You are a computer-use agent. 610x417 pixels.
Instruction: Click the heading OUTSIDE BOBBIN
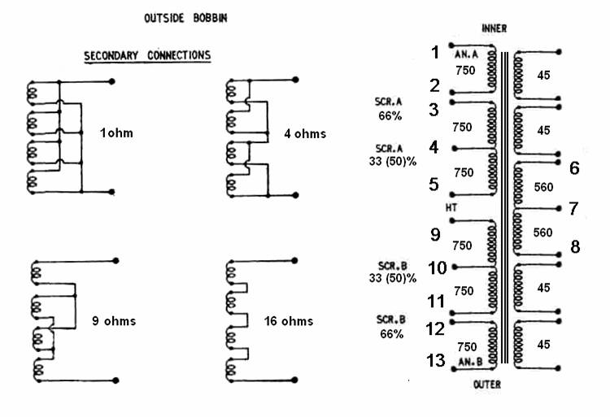pos(185,18)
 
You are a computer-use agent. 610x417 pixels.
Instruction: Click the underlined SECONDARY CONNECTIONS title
pos(147,55)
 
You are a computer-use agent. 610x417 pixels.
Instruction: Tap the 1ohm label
pos(116,133)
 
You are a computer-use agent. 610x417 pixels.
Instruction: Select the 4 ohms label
pos(305,133)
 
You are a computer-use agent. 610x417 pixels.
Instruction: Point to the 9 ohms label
pos(114,321)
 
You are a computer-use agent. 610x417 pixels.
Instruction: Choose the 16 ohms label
pos(289,321)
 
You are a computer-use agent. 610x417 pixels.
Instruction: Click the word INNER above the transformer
pos(494,28)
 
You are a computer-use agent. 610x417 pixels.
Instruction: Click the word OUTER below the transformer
pos(487,384)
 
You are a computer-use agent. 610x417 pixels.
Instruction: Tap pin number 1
pos(435,53)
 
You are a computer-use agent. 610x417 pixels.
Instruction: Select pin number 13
pos(436,360)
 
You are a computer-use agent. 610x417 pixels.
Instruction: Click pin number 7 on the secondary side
pos(574,209)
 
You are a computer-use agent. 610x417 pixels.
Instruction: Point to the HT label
pos(451,208)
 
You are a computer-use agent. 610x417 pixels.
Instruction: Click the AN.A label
pos(466,54)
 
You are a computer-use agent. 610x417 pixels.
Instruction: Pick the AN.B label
pos(470,363)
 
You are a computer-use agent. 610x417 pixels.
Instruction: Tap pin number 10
pos(438,267)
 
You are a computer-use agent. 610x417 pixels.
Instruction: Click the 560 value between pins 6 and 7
pos(543,187)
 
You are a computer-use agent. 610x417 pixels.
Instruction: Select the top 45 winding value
pos(543,76)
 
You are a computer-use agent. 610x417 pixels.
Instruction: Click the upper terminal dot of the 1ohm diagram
pos(112,81)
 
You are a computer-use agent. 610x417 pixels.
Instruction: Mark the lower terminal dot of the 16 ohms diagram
pos(295,380)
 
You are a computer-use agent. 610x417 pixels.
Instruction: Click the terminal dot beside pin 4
pos(455,149)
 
